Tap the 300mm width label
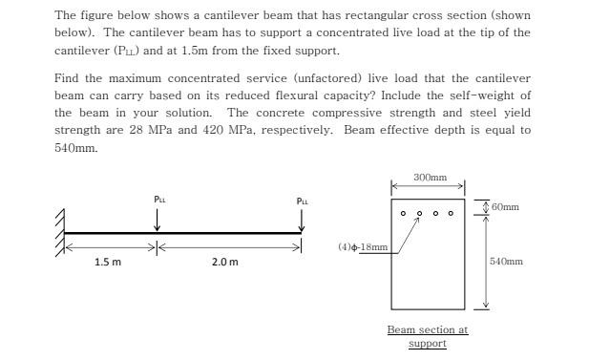pos(430,178)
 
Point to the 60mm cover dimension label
pos(505,206)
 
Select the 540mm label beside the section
pos(505,261)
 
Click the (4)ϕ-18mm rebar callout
pos(363,246)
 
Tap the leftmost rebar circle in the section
pos(403,213)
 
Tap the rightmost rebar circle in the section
pos(452,213)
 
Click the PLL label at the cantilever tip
pos(303,201)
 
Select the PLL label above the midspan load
pos(158,199)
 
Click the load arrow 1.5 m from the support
pos(158,220)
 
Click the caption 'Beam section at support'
pos(427,336)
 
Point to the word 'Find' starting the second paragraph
pos(66,77)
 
